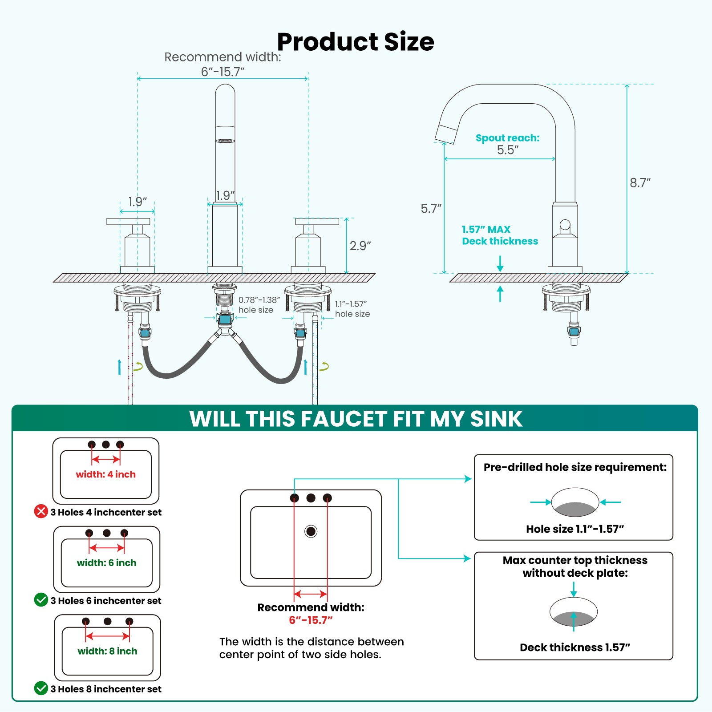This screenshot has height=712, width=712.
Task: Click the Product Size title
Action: (x=356, y=42)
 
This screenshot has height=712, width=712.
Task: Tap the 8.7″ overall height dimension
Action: (x=640, y=183)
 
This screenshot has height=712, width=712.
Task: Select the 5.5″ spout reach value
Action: (x=508, y=150)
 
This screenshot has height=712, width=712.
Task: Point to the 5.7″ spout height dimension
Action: (x=431, y=208)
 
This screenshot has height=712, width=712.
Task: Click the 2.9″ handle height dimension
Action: (x=360, y=246)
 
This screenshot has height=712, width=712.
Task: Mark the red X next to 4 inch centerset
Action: (x=41, y=511)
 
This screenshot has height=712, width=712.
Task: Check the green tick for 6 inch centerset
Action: (x=41, y=600)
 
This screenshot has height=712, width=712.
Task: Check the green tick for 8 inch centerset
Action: (x=41, y=688)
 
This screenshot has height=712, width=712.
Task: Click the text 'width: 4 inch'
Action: (x=105, y=474)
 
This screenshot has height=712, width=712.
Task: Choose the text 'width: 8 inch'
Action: (x=107, y=651)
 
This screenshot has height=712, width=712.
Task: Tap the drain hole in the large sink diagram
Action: (x=311, y=531)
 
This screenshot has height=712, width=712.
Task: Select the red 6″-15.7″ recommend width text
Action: (x=311, y=620)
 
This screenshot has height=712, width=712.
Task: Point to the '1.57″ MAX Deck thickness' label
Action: (x=499, y=235)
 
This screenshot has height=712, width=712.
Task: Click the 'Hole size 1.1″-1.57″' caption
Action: (x=575, y=529)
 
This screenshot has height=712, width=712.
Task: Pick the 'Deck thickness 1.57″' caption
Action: (x=575, y=647)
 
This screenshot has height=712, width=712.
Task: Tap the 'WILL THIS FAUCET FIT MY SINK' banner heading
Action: (x=356, y=419)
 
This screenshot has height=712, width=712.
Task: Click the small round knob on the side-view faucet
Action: (x=565, y=225)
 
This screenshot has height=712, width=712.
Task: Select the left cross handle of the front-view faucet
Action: (x=128, y=222)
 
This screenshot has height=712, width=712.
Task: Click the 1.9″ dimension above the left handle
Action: (x=138, y=202)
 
